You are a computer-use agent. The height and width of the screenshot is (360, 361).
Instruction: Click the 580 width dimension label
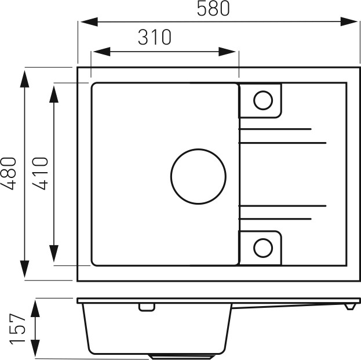(213, 9)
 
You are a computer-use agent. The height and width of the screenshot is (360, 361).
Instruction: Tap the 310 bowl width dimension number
(155, 37)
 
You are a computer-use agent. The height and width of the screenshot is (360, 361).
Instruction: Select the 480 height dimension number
(9, 173)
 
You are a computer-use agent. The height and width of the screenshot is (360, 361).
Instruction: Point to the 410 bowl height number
(41, 173)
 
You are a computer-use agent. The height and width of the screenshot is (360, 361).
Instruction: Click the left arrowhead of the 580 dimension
(89, 22)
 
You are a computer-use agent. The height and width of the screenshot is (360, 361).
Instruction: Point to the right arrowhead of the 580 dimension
(349, 21)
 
